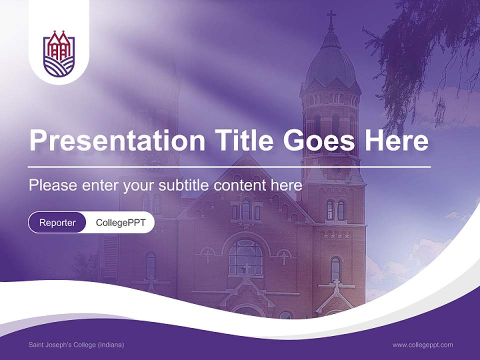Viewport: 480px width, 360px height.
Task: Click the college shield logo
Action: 59,53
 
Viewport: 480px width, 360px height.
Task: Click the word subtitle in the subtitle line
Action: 183,185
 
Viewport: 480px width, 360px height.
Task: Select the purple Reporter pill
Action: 57,222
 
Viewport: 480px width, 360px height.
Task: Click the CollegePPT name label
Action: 120,222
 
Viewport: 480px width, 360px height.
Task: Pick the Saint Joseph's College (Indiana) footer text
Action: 76,345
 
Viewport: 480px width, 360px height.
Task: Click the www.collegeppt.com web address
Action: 422,345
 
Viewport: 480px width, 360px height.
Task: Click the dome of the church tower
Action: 330,62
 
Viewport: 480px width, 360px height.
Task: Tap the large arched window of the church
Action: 245,256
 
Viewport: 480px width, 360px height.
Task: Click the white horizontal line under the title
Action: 229,166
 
